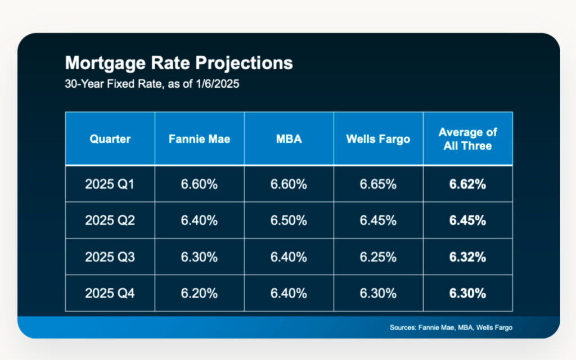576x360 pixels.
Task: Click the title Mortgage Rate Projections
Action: [179, 62]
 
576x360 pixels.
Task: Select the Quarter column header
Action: [110, 139]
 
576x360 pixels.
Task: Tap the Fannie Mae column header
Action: [199, 139]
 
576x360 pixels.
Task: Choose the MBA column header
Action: [289, 139]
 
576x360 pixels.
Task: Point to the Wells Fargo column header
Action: [378, 139]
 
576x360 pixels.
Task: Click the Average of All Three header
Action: [467, 139]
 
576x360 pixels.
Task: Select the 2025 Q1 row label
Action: [110, 184]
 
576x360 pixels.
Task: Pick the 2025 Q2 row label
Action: [110, 220]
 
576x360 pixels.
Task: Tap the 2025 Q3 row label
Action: [110, 257]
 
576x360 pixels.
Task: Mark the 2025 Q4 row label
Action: [110, 293]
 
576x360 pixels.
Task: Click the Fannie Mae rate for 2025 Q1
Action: [199, 184]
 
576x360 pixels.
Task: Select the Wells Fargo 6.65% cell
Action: [378, 184]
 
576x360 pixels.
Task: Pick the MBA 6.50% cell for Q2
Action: [289, 220]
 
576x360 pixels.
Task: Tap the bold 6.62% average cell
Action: [467, 184]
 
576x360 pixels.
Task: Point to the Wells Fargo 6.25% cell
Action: [378, 257]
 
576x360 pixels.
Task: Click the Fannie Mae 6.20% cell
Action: [199, 293]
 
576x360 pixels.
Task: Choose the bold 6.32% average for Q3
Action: [467, 257]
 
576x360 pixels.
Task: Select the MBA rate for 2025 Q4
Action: [289, 293]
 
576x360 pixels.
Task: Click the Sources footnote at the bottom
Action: [451, 327]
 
